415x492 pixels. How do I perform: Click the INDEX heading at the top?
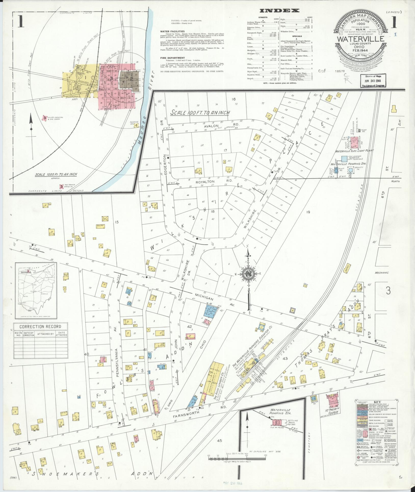(279, 11)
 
